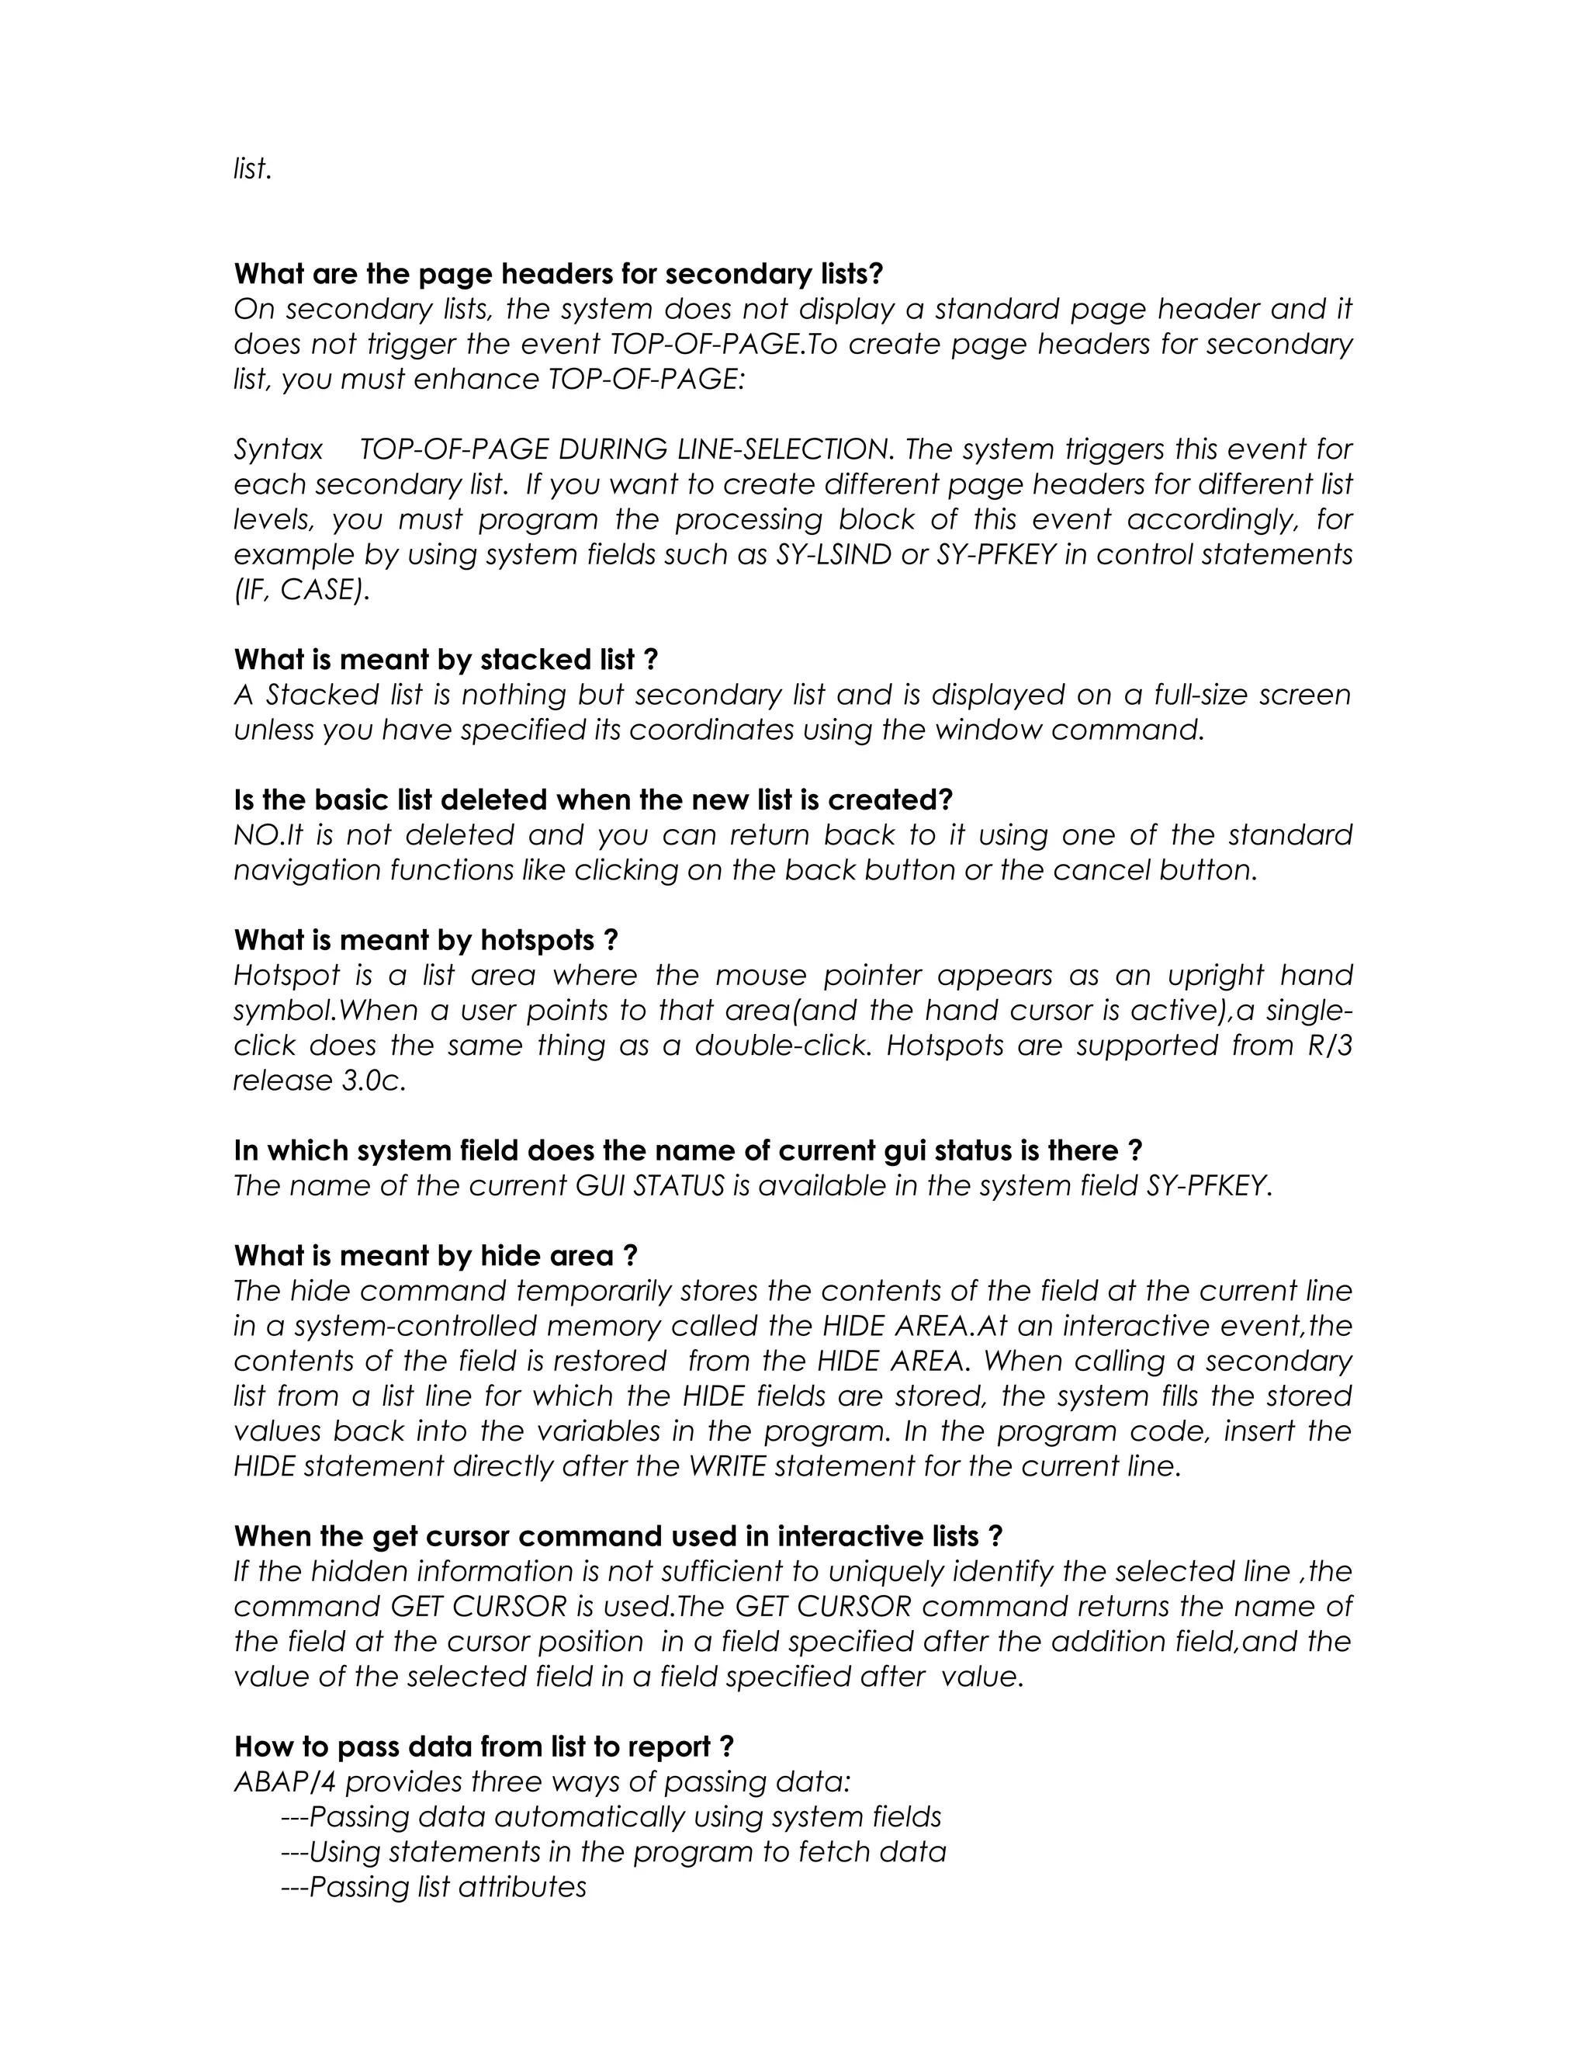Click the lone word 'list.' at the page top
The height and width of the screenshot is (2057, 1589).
pyautogui.click(x=252, y=169)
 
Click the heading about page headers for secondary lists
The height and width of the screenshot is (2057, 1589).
pyautogui.click(x=558, y=274)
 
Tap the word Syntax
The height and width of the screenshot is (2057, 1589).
pyautogui.click(x=279, y=449)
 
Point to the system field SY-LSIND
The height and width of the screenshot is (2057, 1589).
pyautogui.click(x=834, y=555)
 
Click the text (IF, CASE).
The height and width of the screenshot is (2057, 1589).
pyautogui.click(x=301, y=590)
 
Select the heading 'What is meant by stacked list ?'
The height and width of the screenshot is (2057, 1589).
pyautogui.click(x=445, y=659)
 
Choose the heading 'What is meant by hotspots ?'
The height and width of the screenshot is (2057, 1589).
pyautogui.click(x=425, y=940)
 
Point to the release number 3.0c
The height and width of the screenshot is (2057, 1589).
pyautogui.click(x=374, y=1081)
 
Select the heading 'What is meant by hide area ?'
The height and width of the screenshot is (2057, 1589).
pyautogui.click(x=436, y=1255)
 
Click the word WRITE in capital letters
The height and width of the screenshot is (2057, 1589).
pyautogui.click(x=727, y=1466)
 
